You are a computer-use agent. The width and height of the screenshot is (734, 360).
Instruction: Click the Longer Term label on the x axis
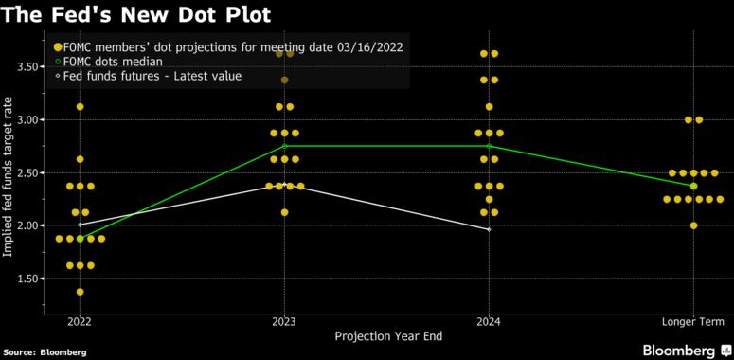coord(693,321)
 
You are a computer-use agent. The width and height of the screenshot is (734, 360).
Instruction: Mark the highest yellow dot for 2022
coord(80,107)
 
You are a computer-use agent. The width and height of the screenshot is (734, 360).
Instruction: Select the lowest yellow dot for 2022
coord(80,292)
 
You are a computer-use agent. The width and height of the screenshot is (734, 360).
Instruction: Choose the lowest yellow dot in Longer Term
coord(694,225)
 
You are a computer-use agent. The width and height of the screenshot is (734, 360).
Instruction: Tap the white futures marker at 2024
coord(489,229)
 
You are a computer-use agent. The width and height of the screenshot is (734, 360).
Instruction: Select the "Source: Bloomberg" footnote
coord(45,352)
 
